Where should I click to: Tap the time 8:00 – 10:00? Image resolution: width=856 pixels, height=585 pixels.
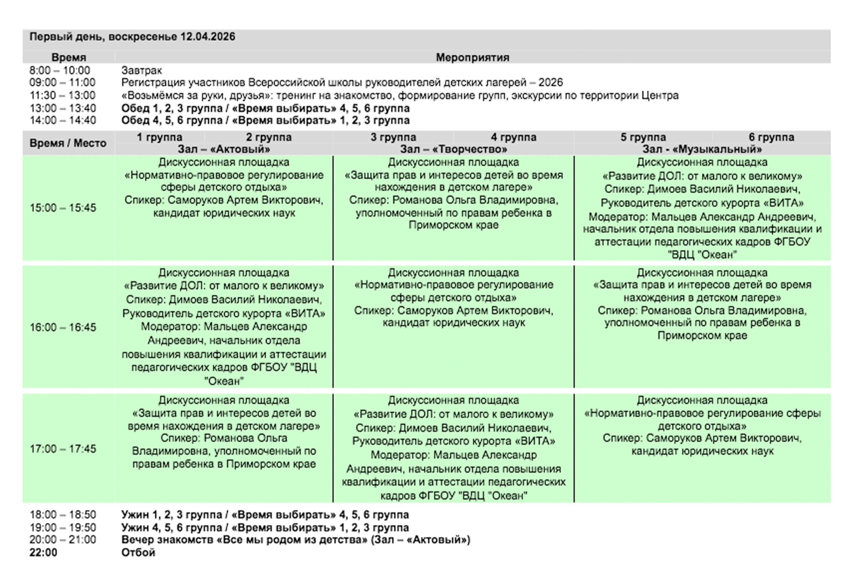60,70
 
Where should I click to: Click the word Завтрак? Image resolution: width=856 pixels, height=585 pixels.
142,70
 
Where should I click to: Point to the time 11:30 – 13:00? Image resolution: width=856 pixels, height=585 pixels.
62,95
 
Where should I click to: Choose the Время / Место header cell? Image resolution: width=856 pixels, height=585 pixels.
68,143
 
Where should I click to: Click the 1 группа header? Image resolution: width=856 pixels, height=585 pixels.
160,137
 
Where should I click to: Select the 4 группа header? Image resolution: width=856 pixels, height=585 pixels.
513,137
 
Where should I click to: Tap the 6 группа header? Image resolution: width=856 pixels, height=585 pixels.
771,137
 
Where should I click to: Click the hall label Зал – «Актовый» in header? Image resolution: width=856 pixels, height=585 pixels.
224,149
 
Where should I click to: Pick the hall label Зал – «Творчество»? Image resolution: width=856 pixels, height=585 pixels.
453,149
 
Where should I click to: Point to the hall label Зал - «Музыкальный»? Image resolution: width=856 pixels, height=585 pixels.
702,149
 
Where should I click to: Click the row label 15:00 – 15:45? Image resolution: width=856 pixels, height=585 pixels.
62,208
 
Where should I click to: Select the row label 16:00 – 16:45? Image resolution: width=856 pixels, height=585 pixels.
62,327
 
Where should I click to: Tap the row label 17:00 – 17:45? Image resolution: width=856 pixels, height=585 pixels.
62,449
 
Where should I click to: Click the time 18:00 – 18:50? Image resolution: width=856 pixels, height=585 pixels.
62,515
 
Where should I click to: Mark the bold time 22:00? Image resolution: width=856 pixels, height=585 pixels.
43,552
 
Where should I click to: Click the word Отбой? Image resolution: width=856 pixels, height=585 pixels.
138,552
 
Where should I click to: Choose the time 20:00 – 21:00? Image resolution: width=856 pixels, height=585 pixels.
62,540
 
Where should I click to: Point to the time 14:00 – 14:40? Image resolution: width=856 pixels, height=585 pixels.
62,120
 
